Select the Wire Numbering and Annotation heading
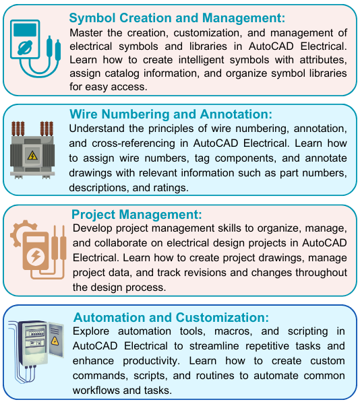[x=171, y=114]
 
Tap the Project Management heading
[x=137, y=215]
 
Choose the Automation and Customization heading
[x=171, y=317]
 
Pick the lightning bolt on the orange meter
[x=36, y=257]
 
